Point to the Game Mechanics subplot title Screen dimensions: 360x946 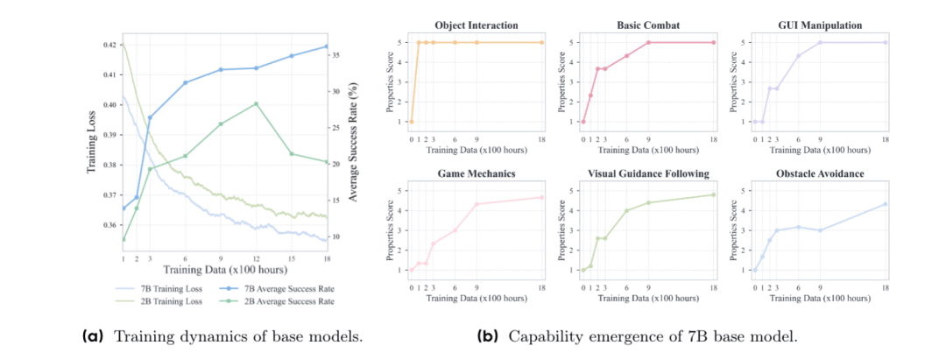coord(477,173)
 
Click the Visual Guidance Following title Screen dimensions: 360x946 coord(648,173)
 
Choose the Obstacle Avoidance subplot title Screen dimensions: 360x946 coord(820,173)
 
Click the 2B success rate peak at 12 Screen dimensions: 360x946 coord(256,103)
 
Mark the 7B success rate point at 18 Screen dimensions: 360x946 coord(327,46)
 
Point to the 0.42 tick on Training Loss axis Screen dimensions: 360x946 coord(107,44)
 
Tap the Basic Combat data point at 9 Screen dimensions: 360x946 coord(649,42)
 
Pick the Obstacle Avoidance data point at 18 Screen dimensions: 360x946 coord(886,204)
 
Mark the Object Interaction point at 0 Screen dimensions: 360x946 coord(411,121)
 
